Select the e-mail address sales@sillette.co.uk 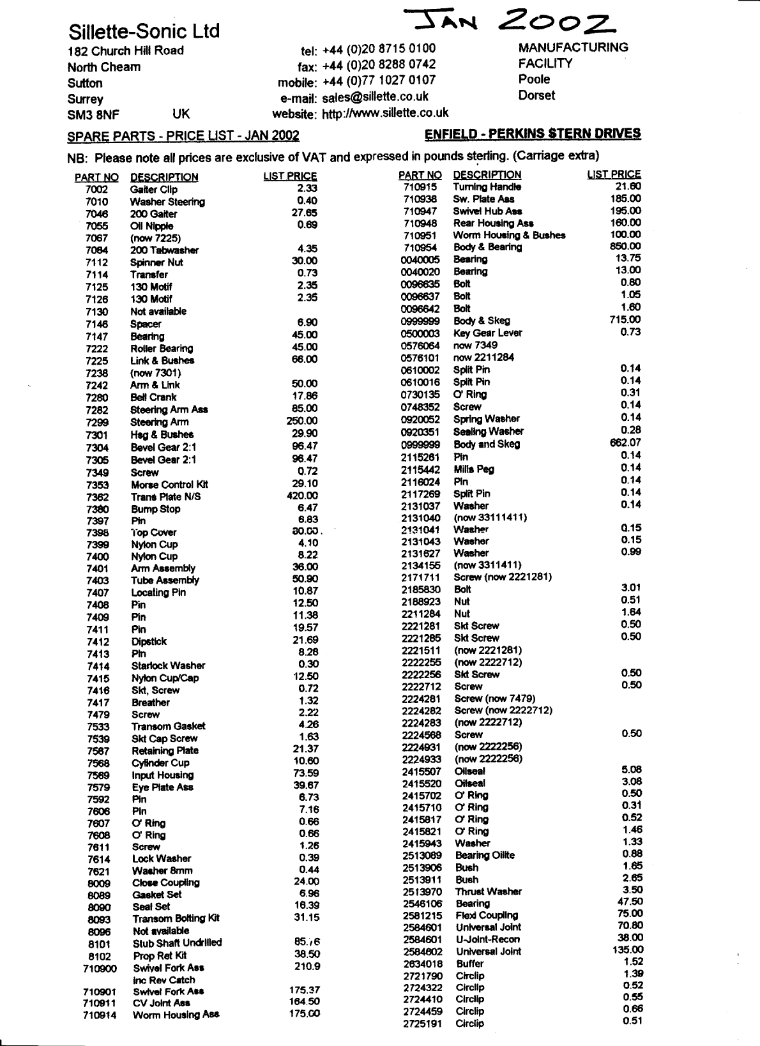click(375, 97)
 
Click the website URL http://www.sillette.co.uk click(384, 114)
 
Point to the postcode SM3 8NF click(93, 115)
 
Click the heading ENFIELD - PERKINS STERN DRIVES click(533, 133)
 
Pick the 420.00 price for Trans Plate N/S click(302, 496)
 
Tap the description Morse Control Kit click(169, 485)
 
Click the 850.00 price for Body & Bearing click(625, 246)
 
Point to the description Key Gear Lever click(487, 333)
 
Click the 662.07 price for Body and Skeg click(625, 443)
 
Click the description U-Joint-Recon click(487, 939)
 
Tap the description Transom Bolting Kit click(176, 918)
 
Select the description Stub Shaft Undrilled click(177, 943)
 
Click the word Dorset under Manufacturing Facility click(536, 96)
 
